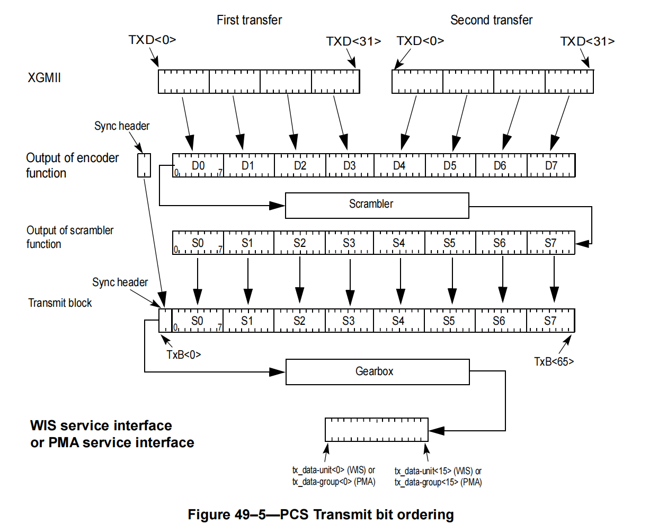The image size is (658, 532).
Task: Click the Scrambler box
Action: click(377, 205)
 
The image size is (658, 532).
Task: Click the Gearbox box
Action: click(377, 371)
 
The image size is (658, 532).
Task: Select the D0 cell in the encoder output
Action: click(198, 166)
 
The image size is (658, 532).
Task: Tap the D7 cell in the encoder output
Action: click(551, 166)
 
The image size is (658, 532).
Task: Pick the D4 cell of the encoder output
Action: click(399, 166)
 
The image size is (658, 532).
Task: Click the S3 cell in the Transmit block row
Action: click(348, 321)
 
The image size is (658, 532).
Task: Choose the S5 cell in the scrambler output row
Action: click(449, 243)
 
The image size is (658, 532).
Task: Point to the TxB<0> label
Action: click(183, 354)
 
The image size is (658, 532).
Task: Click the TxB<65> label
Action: click(554, 361)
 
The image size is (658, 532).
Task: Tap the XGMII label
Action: click(45, 78)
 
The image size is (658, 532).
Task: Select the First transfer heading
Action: click(249, 20)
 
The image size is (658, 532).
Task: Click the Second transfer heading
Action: click(491, 20)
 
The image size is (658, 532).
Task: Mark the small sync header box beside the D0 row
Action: click(144, 165)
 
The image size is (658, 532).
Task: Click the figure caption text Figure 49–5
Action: click(321, 515)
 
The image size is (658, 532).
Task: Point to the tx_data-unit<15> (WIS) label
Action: click(438, 471)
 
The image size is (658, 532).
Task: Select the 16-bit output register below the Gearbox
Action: click(376, 430)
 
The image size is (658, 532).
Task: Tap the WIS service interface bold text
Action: click(101, 425)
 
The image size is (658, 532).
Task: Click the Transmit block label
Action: click(60, 303)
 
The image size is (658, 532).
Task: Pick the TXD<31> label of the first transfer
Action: click(353, 41)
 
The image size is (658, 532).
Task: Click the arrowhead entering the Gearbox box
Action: click(278, 371)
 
